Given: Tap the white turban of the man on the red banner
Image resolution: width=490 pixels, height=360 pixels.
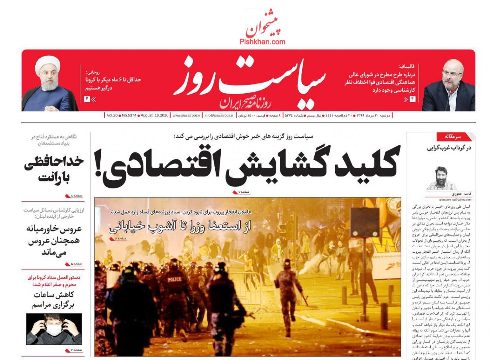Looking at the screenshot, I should (47, 63).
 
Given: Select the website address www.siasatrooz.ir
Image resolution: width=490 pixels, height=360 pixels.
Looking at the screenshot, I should (186, 116).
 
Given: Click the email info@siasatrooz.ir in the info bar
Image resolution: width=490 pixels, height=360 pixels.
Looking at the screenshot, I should (219, 116).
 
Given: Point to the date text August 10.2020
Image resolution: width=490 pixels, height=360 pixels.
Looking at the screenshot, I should (155, 116).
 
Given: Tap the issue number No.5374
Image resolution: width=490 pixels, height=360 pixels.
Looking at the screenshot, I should (129, 116).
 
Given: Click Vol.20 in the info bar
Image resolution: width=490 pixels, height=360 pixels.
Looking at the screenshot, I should (112, 116).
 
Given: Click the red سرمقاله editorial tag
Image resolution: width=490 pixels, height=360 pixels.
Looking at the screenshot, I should (454, 136).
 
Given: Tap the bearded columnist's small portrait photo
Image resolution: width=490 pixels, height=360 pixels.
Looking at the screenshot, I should (441, 178).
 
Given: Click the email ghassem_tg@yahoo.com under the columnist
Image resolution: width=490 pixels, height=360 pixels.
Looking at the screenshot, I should (440, 200).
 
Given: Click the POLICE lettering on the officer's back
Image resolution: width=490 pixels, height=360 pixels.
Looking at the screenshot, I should (175, 279).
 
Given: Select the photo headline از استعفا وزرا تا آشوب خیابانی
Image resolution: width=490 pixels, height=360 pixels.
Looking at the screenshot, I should (180, 226).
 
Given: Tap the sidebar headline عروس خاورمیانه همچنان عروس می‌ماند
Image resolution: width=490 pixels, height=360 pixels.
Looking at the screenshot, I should (54, 240).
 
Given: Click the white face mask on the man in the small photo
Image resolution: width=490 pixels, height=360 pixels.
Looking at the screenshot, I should (54, 330).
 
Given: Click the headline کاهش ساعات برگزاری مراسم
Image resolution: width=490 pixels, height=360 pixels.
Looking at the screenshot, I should (54, 300).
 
